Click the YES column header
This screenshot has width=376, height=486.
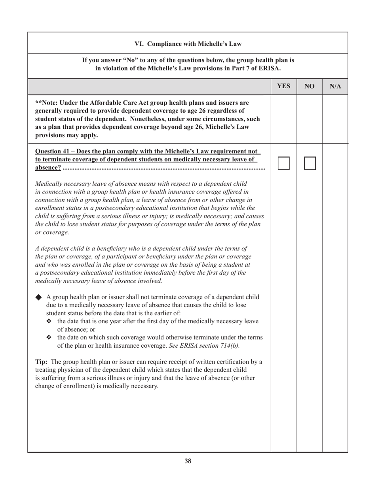click(x=283, y=86)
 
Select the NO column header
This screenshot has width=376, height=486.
click(x=310, y=86)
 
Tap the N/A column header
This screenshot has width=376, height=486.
click(x=335, y=86)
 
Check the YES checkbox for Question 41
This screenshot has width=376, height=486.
click(x=284, y=163)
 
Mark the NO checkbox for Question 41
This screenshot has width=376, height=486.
click(x=310, y=163)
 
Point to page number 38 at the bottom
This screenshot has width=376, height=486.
click(x=188, y=461)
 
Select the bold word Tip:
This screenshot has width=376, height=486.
click(x=42, y=362)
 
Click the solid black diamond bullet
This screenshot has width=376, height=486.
click(x=39, y=297)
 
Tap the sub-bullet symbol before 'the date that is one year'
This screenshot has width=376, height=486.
click(x=49, y=321)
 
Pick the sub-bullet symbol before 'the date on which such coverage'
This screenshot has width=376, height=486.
click(x=49, y=337)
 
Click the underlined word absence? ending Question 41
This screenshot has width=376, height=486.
click(x=48, y=168)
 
